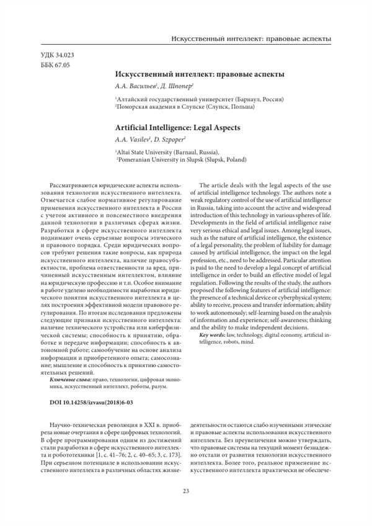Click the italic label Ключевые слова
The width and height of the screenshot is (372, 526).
[x=69, y=378]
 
